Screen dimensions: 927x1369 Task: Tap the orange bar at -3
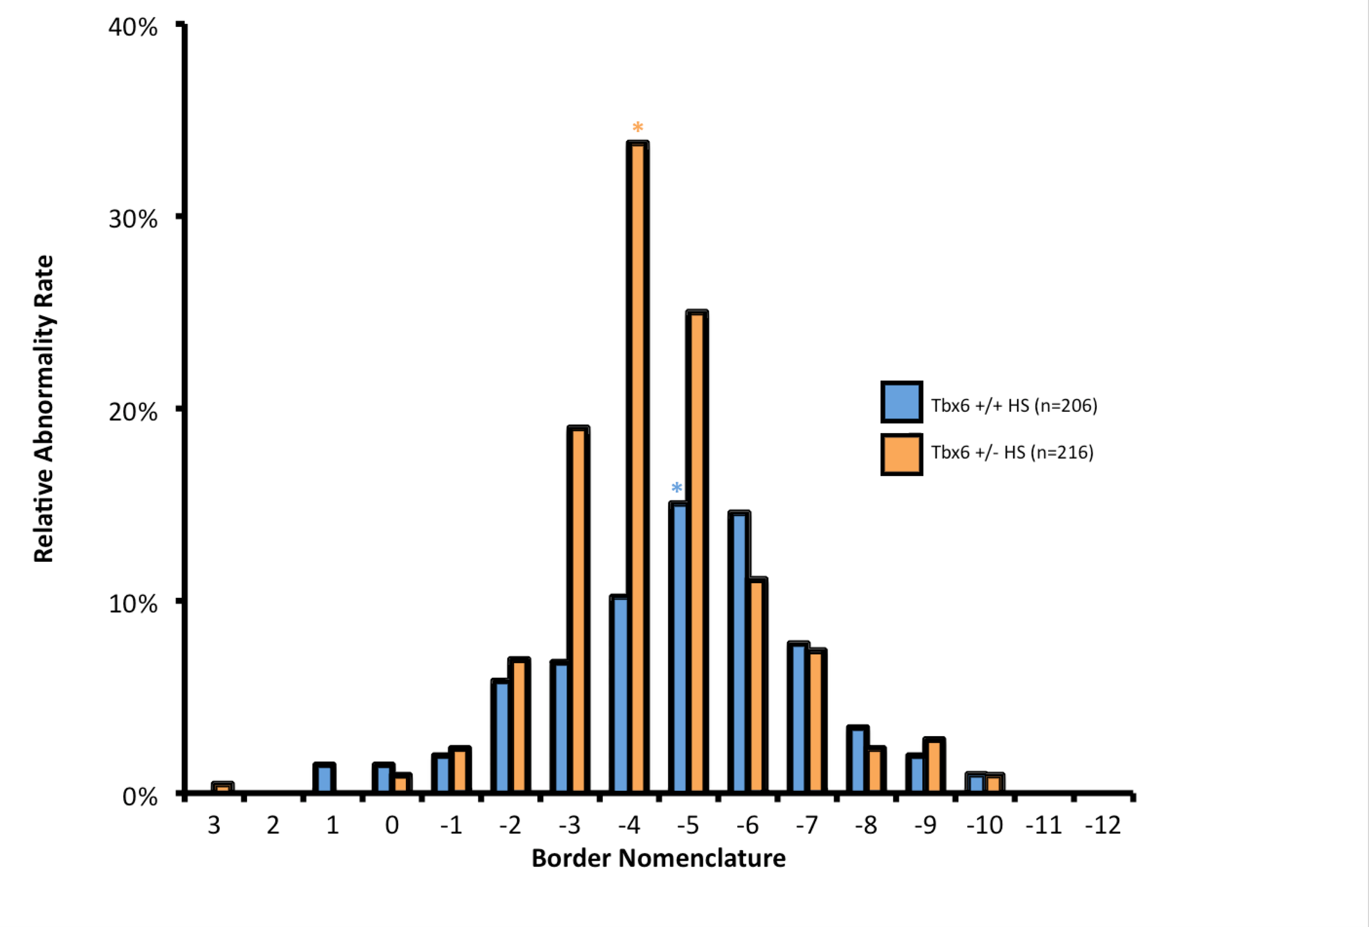(x=578, y=609)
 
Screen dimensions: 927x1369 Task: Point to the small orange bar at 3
(x=223, y=787)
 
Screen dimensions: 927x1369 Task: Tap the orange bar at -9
(x=934, y=765)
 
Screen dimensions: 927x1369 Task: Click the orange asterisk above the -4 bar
(x=638, y=127)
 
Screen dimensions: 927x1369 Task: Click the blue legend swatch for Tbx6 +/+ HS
(x=901, y=402)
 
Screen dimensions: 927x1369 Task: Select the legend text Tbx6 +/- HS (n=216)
(x=1012, y=452)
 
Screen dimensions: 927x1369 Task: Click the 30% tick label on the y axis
(x=133, y=219)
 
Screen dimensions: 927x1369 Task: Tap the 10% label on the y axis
(x=133, y=604)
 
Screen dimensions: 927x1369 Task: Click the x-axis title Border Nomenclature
(x=658, y=859)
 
